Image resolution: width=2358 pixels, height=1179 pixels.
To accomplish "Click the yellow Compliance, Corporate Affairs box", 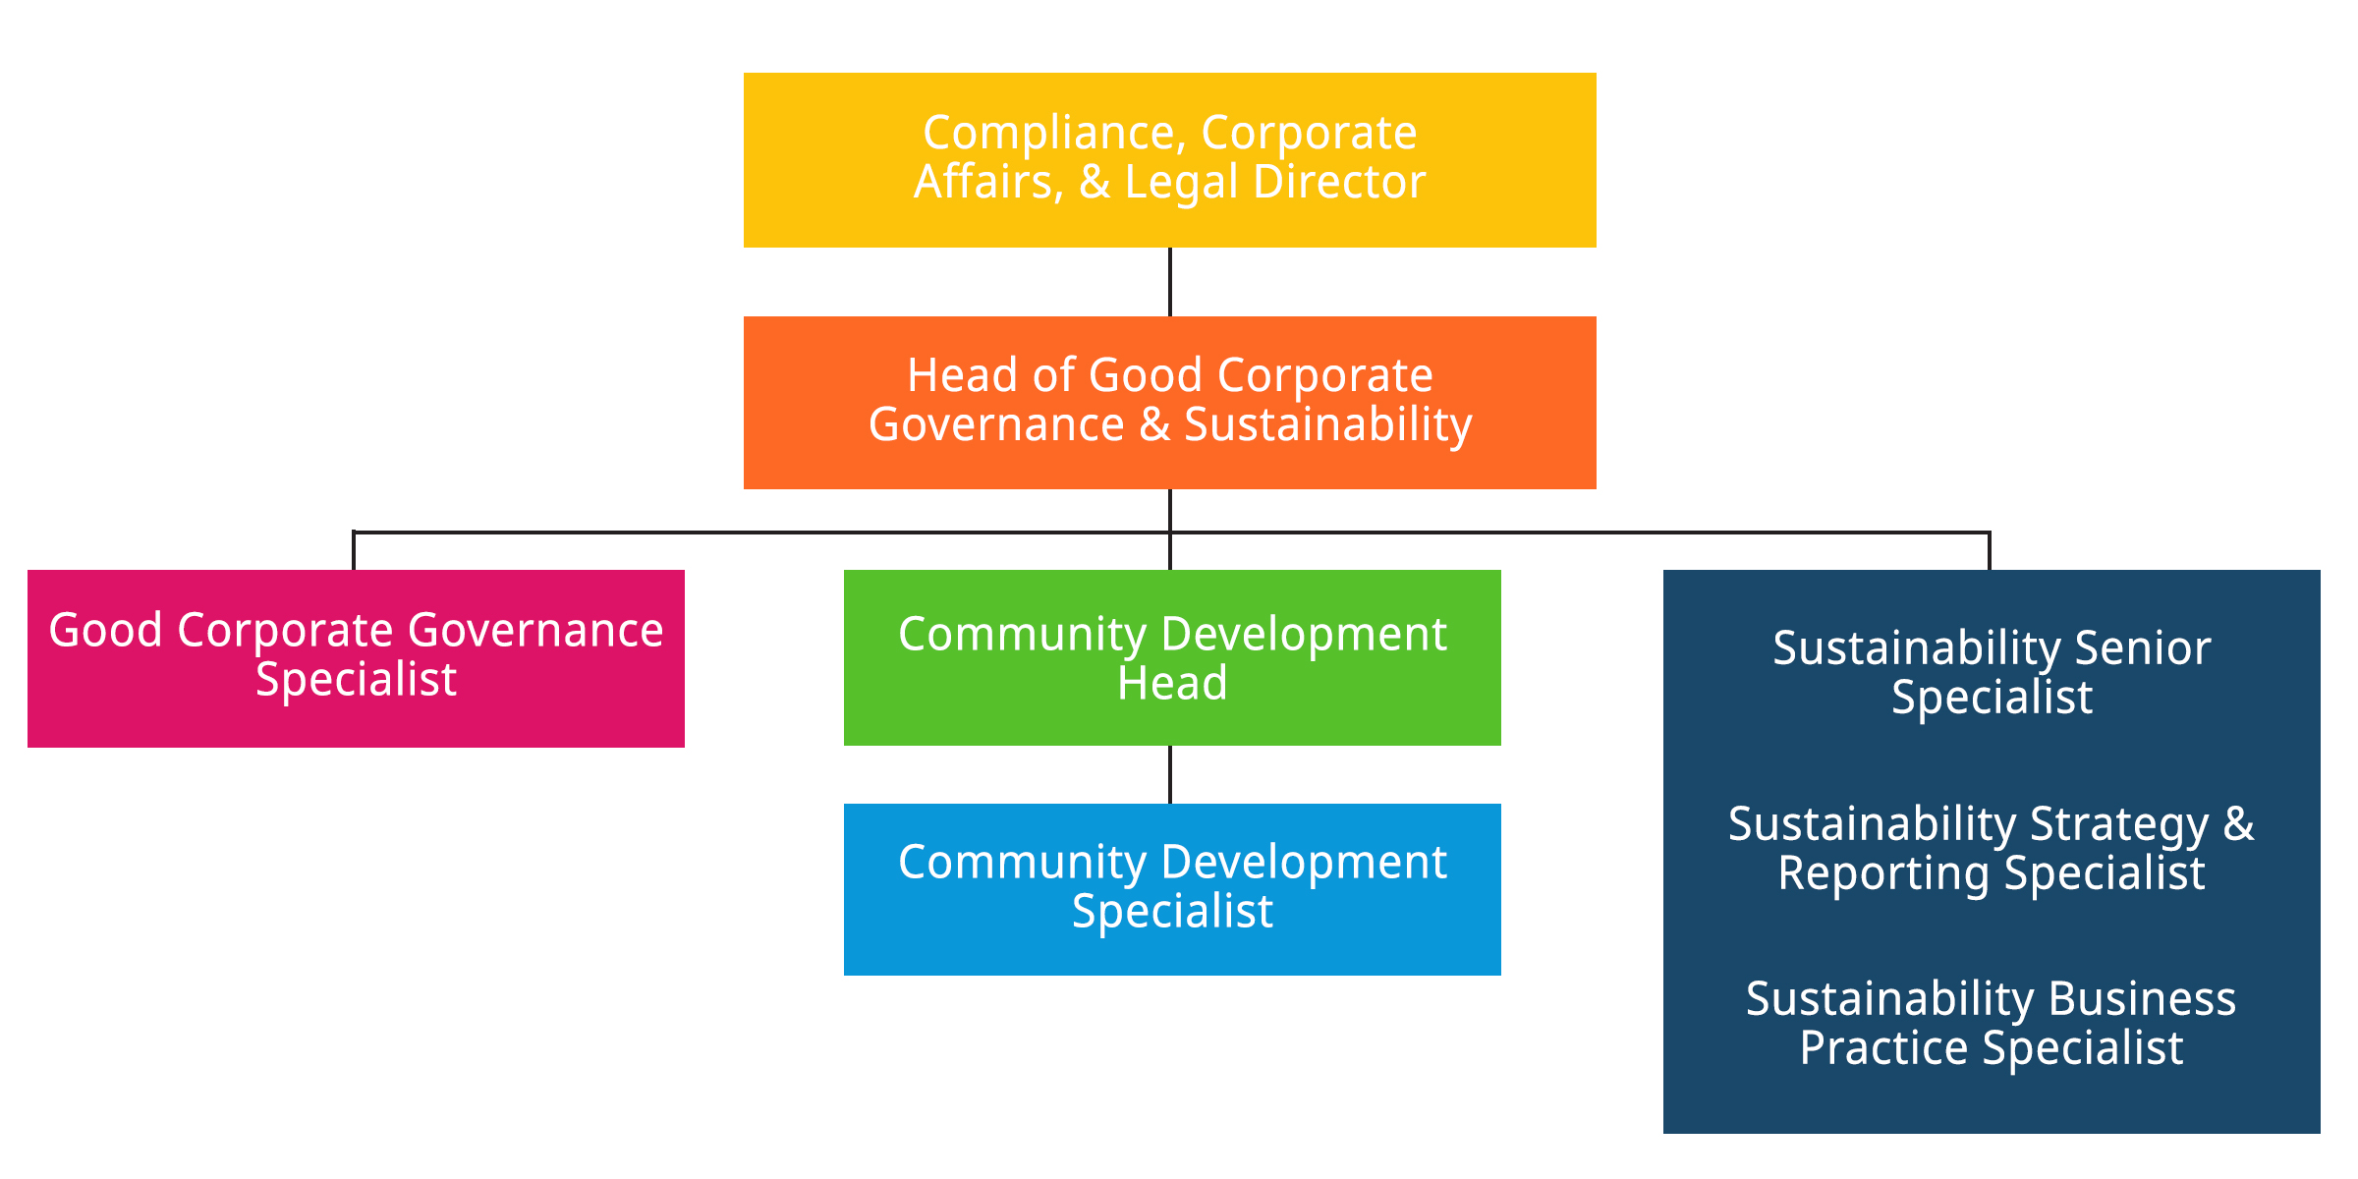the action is click(x=1169, y=159).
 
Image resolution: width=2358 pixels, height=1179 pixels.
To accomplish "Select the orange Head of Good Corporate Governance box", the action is click(x=1169, y=403).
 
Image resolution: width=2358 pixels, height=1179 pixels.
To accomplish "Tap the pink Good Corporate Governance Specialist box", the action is click(x=356, y=658).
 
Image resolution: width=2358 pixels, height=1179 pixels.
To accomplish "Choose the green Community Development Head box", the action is click(x=1172, y=657).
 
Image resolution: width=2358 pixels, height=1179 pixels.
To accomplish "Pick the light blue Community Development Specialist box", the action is click(x=1172, y=889).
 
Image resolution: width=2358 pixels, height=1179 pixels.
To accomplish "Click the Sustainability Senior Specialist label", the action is click(x=1992, y=673).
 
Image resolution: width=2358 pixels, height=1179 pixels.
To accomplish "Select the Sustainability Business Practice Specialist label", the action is click(x=1992, y=1024).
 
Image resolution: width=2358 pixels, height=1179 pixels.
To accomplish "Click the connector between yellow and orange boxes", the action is click(x=1169, y=282).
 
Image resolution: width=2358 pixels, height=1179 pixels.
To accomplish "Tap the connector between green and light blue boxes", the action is click(x=1169, y=774).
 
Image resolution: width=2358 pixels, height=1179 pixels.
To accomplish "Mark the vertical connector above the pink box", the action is click(x=354, y=551).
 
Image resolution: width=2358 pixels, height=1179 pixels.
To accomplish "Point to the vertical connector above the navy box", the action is click(x=1990, y=551).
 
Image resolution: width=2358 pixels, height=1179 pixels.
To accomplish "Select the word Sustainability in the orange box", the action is click(x=1327, y=426).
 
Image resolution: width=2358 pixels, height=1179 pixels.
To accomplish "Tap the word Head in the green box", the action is click(x=1172, y=683).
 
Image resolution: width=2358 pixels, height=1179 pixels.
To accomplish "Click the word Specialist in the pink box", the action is click(x=356, y=680).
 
